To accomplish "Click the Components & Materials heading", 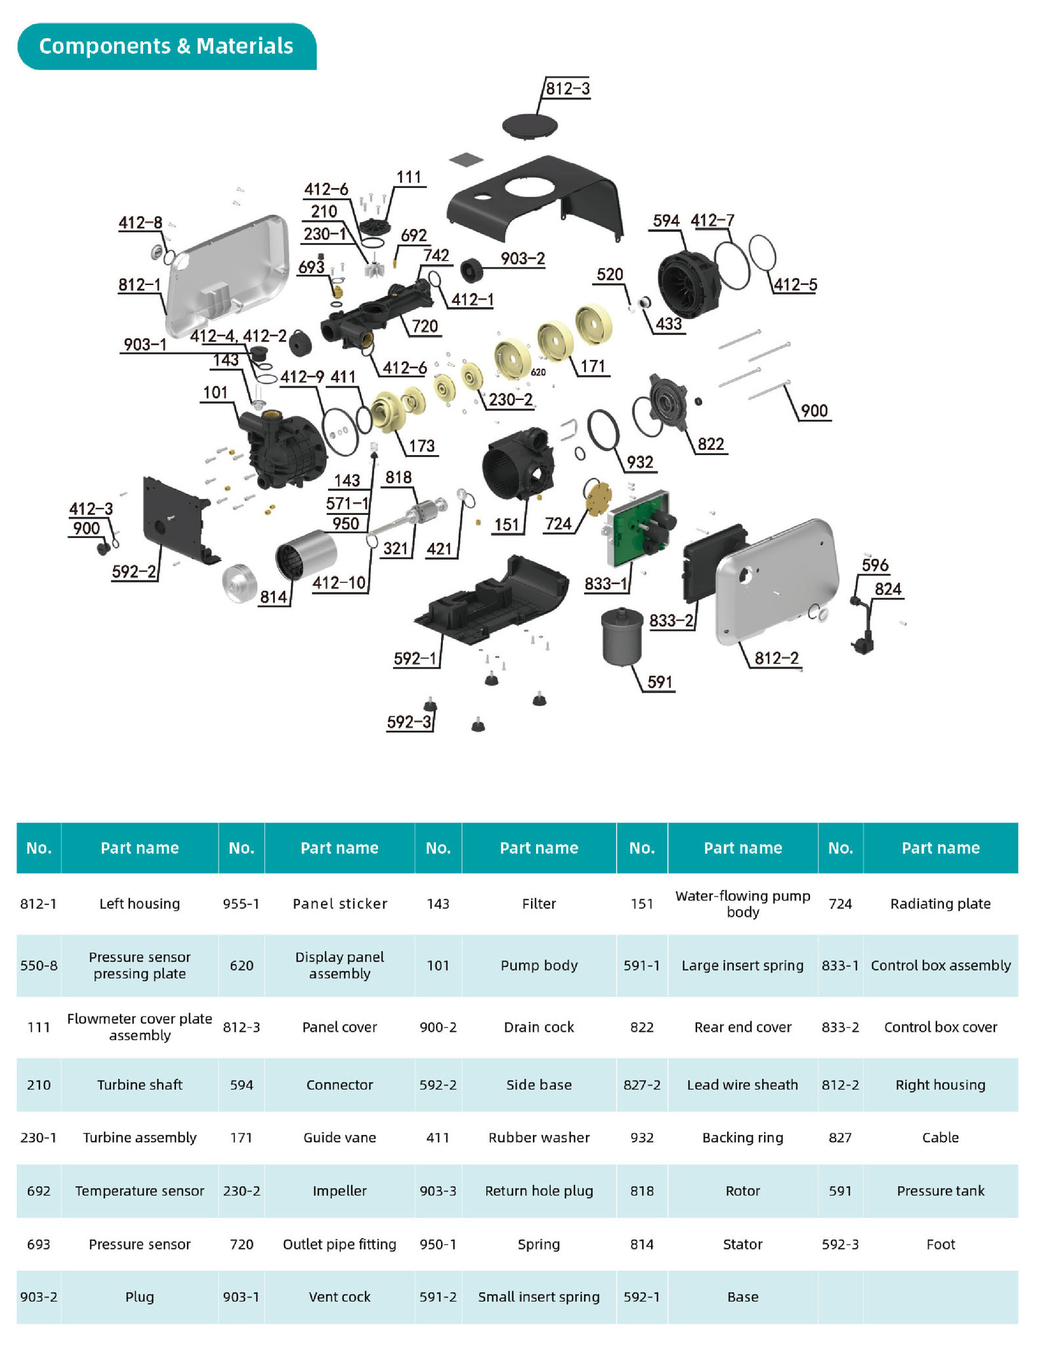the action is pos(166,46).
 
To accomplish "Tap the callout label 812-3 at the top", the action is pos(568,89).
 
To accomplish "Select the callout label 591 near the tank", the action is pos(660,682).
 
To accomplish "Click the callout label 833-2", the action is pos(671,621).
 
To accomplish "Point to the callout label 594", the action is pos(666,221).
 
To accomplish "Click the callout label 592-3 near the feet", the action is pos(409,722).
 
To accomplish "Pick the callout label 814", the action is pos(274,597).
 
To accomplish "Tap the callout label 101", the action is pos(215,393).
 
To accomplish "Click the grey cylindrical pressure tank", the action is pos(622,637).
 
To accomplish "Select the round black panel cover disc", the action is pos(530,125).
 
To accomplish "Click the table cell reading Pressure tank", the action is pos(940,1191).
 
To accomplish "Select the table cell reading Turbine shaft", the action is pos(140,1084).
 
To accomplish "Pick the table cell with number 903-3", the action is pos(438,1191).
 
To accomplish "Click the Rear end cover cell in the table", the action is pos(742,1026).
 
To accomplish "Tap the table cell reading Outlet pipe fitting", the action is pos(339,1244).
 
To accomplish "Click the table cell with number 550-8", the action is pos(39,965).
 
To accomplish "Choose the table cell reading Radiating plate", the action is pos(940,904).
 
